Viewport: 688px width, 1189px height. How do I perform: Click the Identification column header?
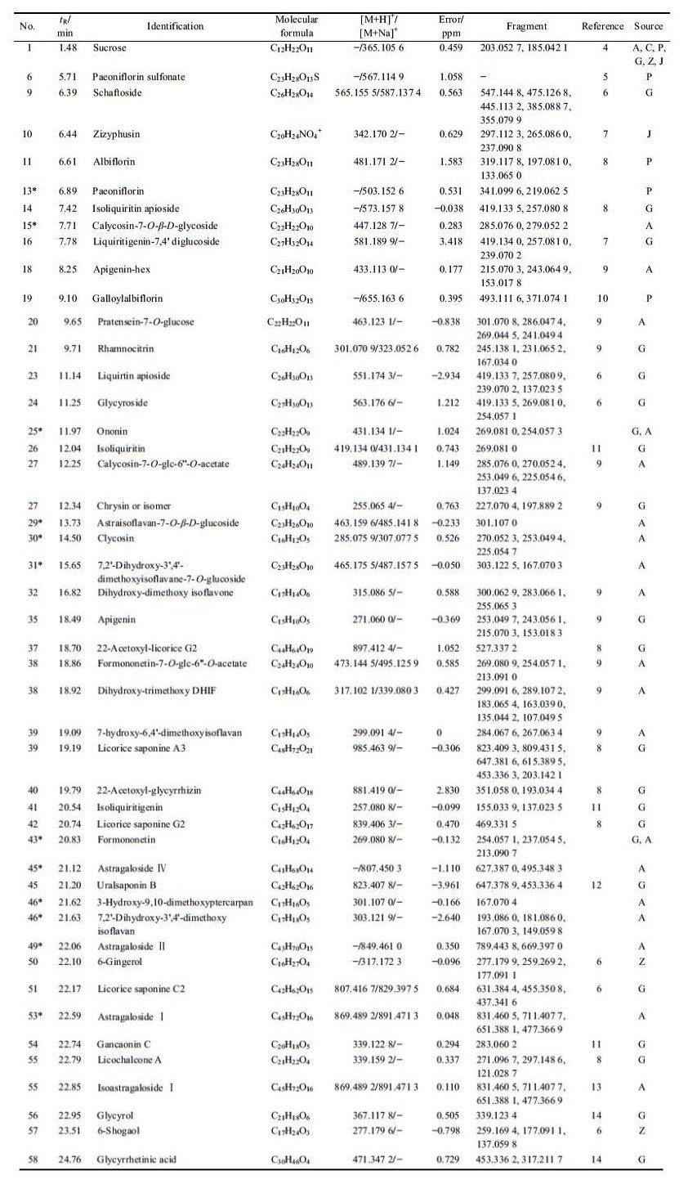pyautogui.click(x=175, y=26)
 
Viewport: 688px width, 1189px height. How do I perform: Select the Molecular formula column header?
pyautogui.click(x=297, y=26)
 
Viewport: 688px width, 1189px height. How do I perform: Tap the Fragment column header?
pyautogui.click(x=526, y=26)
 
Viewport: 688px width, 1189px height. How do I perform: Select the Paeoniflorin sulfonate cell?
pyautogui.click(x=138, y=77)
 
